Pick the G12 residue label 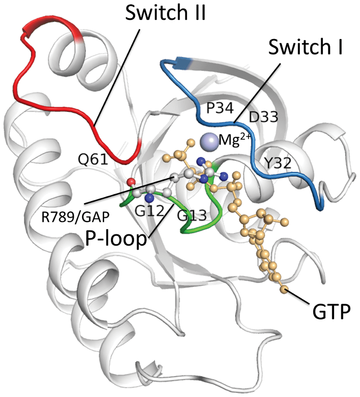(x=149, y=211)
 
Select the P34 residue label (x=220, y=109)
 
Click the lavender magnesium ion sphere (x=209, y=141)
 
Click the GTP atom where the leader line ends (x=284, y=289)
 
